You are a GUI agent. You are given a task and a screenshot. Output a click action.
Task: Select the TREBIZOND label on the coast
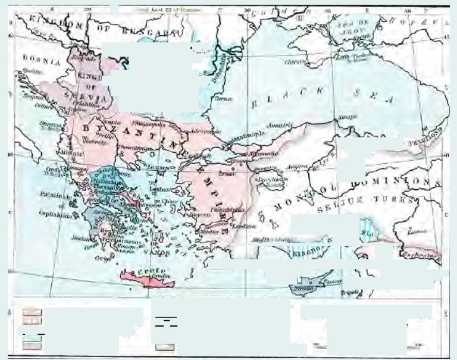[424, 135]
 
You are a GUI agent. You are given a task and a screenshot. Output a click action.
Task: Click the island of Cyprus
[315, 284]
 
